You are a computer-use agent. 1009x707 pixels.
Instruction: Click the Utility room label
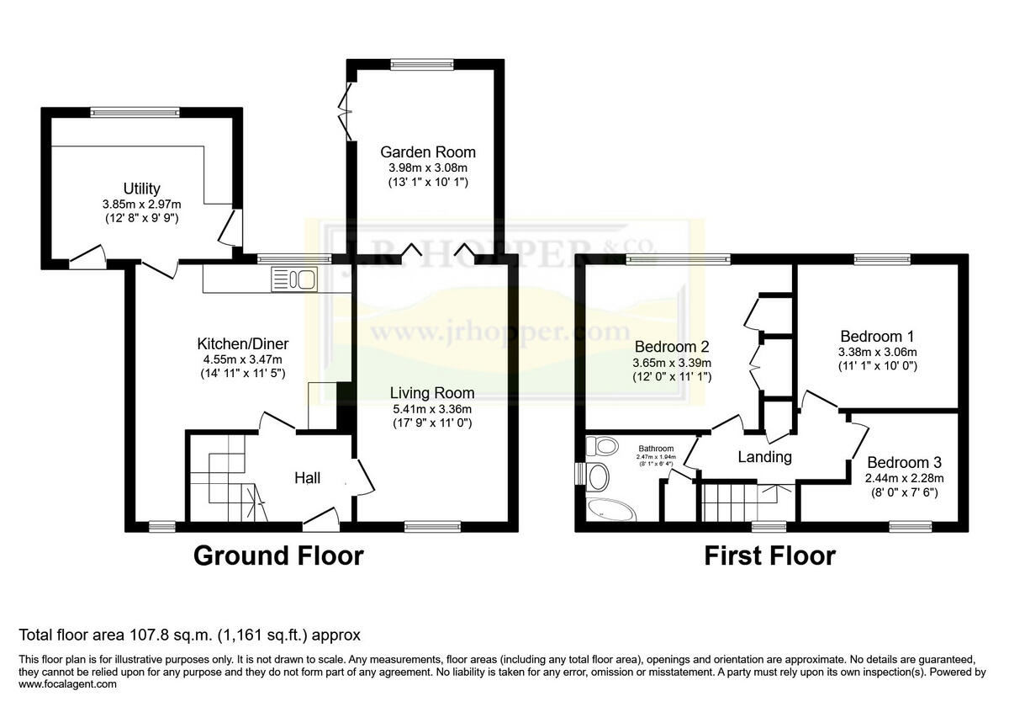[141, 189]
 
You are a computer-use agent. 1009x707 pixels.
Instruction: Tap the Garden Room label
[427, 152]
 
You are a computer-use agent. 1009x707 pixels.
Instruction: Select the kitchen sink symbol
[293, 278]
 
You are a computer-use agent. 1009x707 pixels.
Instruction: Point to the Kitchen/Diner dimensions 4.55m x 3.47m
[242, 359]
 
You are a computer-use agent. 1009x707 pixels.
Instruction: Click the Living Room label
[431, 393]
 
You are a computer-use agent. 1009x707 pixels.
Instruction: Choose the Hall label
[307, 478]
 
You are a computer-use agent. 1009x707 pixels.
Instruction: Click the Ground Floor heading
[278, 556]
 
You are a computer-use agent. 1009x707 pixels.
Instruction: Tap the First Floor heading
[769, 556]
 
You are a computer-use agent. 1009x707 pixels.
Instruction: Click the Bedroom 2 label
[672, 346]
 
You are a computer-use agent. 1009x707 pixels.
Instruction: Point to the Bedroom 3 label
[904, 462]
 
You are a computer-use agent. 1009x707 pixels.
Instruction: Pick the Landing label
[764, 457]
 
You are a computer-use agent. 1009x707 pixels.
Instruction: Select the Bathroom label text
[656, 449]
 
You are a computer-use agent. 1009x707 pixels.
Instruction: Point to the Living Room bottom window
[432, 527]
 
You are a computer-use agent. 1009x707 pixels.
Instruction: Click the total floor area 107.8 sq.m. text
[190, 634]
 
